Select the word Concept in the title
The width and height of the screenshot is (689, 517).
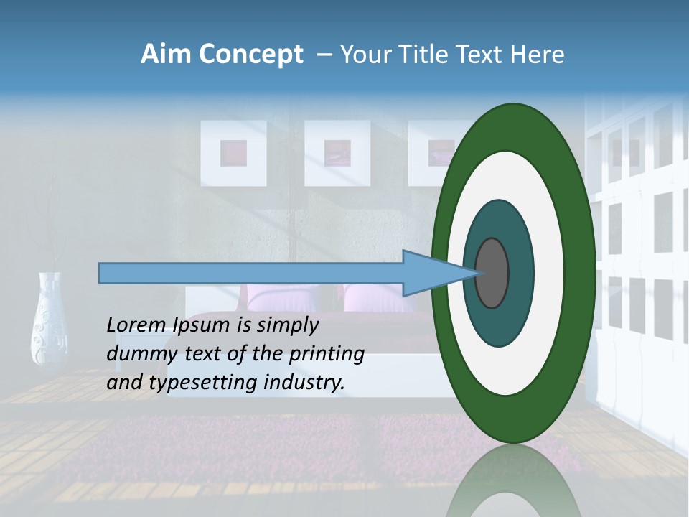pyautogui.click(x=250, y=55)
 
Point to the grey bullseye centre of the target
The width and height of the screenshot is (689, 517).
pyautogui.click(x=492, y=274)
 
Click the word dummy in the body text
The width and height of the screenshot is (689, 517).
pyautogui.click(x=135, y=354)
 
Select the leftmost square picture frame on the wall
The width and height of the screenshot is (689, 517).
pyautogui.click(x=233, y=152)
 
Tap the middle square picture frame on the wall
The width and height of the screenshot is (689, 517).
pyautogui.click(x=337, y=152)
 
